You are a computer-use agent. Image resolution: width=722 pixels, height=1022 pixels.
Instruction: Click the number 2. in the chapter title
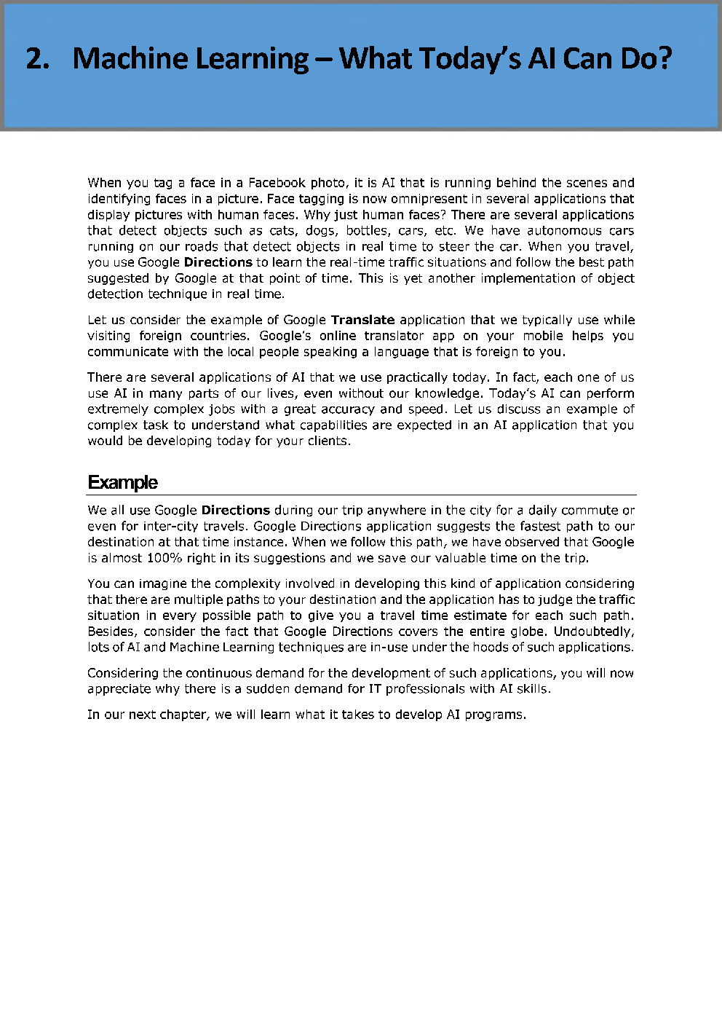pos(38,59)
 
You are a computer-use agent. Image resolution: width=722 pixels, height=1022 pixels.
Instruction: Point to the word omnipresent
pos(429,199)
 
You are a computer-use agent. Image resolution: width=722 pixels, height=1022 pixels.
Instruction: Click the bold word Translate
pos(362,320)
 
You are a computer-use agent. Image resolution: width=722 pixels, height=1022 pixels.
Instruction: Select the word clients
pos(329,441)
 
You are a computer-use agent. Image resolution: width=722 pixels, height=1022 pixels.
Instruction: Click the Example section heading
pos(122,483)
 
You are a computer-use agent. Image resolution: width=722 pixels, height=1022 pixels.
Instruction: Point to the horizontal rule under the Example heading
pos(362,495)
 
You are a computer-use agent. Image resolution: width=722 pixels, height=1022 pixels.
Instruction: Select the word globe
pos(528,632)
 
